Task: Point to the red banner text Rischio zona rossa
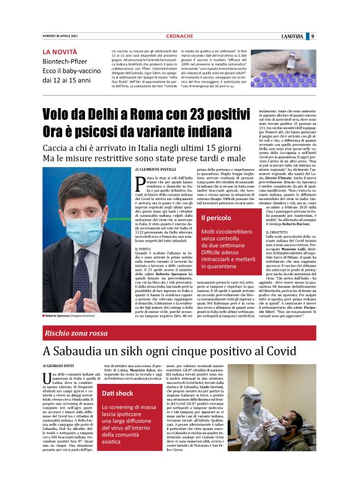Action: (x=74, y=334)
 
